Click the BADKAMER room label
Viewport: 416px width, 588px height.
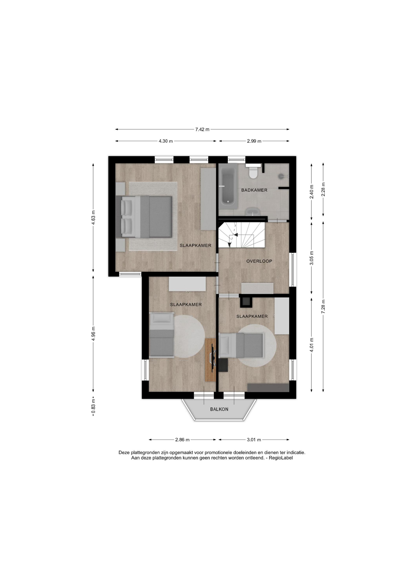[x=254, y=190]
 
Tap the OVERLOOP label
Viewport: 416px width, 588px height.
[x=259, y=261]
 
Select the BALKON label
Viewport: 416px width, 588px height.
[x=219, y=409]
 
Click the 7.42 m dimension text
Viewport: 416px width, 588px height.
[x=202, y=129]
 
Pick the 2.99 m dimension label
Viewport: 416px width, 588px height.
[x=254, y=141]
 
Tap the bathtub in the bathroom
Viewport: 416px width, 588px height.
[x=228, y=184]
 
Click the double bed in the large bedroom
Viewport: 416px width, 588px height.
[x=144, y=217]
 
